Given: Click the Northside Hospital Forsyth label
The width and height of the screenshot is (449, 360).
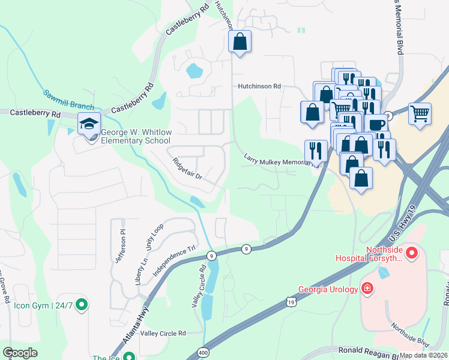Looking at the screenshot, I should click(x=367, y=254).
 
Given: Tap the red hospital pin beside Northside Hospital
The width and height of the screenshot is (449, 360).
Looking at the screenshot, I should click(x=411, y=254).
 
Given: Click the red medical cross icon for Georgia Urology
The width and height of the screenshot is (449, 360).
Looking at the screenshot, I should click(x=367, y=289).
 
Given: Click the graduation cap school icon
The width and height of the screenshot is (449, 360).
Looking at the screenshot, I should click(x=89, y=124).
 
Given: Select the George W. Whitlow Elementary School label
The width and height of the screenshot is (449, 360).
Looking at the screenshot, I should click(x=136, y=137).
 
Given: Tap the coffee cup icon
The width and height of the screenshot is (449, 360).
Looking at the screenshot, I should click(x=376, y=124).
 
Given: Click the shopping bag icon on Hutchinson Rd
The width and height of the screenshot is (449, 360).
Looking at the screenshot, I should click(x=240, y=42).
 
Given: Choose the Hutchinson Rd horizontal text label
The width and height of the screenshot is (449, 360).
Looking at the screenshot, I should click(x=259, y=86).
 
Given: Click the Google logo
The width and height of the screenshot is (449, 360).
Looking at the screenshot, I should click(x=20, y=353).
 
